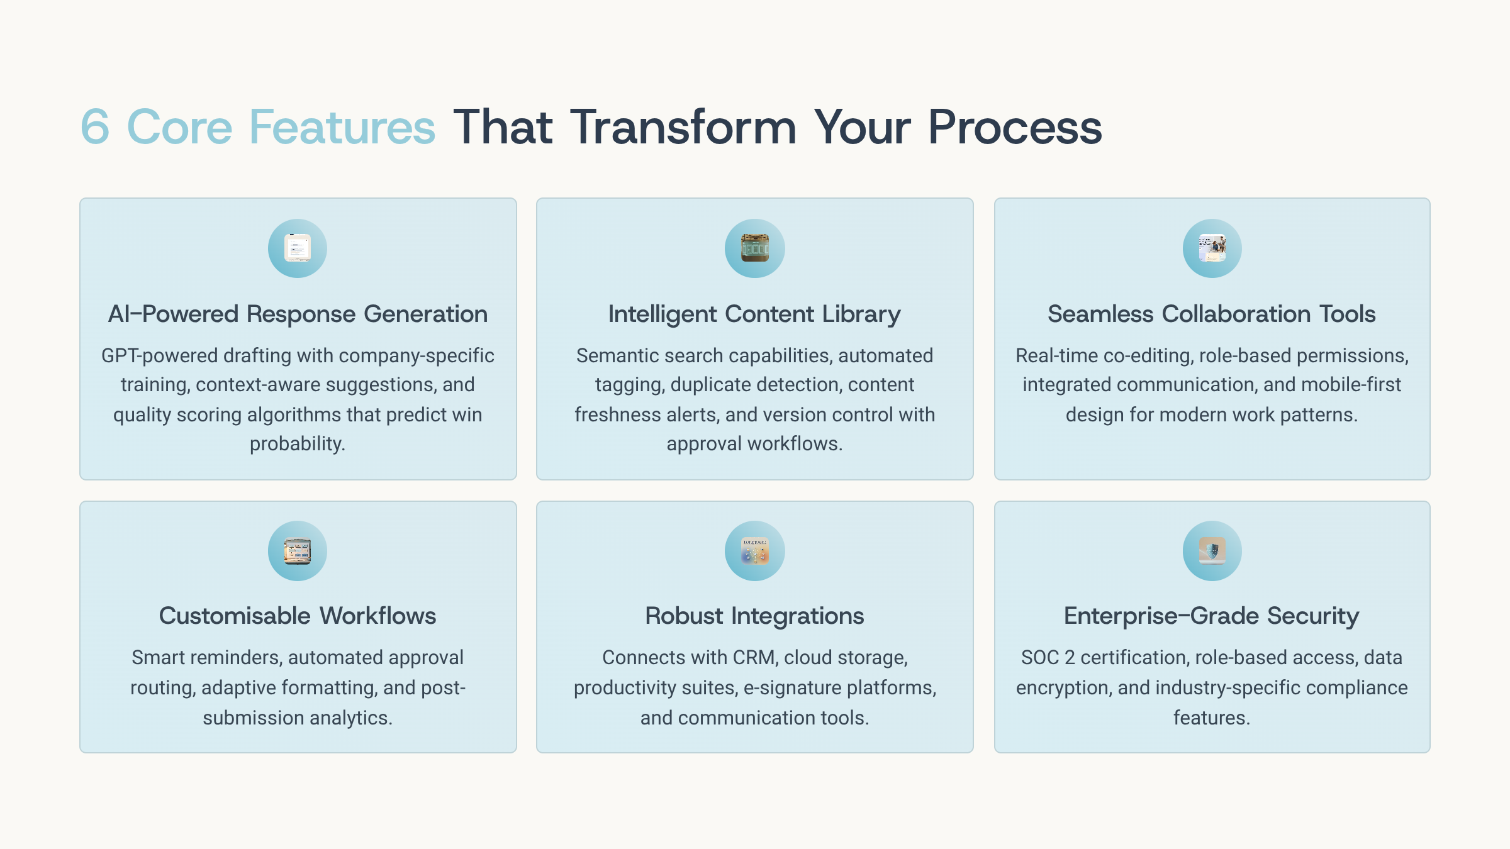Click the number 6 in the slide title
(95, 127)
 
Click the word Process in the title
(1015, 127)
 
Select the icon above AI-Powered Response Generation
(298, 248)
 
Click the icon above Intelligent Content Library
(755, 248)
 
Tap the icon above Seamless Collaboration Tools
(1212, 248)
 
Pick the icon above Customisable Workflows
(298, 551)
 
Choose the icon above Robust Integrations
(755, 551)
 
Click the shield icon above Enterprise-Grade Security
(1212, 551)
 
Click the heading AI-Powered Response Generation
(298, 314)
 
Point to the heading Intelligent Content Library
(754, 314)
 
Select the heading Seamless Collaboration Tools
(1212, 314)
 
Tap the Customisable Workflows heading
(298, 616)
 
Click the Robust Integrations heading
(754, 616)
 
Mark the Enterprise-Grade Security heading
(1212, 616)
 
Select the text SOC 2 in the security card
(1048, 657)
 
